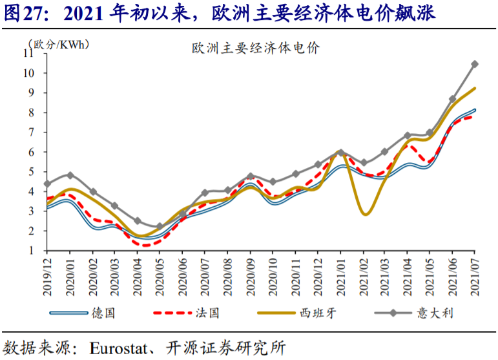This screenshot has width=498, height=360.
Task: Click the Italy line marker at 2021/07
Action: (475, 64)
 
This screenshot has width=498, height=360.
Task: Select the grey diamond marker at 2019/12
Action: (48, 184)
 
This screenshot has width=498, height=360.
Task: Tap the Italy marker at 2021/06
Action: (453, 99)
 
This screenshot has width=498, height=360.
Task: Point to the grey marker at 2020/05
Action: (160, 226)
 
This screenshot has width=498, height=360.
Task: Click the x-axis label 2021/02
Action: (364, 277)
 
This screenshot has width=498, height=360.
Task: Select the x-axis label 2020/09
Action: (251, 277)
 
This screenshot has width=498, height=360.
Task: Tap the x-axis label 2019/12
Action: (47, 277)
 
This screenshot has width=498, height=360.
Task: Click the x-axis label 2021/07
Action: (475, 277)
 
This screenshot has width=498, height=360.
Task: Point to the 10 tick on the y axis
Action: (28, 73)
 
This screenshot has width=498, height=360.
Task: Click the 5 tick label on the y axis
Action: (31, 172)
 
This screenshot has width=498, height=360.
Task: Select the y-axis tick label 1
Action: (31, 251)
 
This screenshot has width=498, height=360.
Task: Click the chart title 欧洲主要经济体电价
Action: (256, 48)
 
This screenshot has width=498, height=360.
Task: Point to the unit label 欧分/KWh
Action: (59, 45)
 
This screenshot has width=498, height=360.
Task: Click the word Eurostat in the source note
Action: (118, 348)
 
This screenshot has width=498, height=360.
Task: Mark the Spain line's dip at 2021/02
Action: (366, 214)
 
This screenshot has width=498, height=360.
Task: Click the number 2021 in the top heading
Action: (83, 14)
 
